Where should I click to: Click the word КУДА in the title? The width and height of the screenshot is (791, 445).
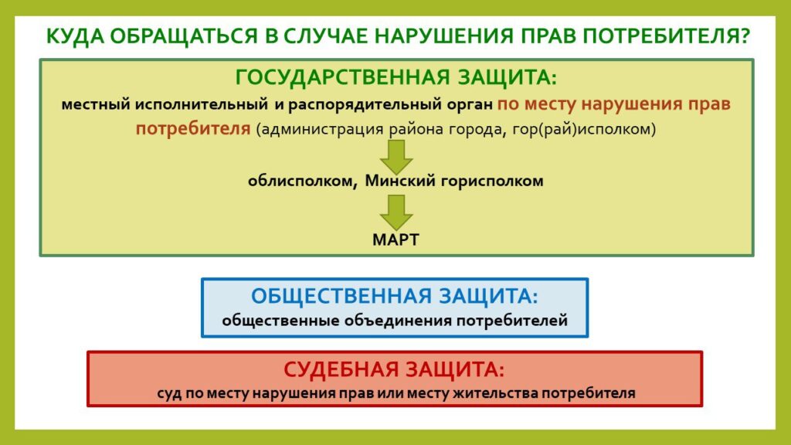click(x=75, y=37)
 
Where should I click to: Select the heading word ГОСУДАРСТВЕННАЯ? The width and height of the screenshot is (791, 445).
click(x=342, y=78)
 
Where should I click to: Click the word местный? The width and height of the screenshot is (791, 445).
click(x=96, y=104)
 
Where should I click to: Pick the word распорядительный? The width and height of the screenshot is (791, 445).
click(x=365, y=104)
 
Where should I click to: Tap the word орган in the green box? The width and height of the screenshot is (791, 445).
click(x=470, y=105)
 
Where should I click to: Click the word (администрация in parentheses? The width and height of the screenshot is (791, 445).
click(x=320, y=129)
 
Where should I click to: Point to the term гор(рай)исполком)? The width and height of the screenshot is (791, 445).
click(x=584, y=129)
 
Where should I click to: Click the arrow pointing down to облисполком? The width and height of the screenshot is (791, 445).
click(x=396, y=157)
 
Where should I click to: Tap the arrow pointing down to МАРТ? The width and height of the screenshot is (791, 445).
click(x=396, y=212)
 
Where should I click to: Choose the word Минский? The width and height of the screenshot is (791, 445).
click(x=400, y=181)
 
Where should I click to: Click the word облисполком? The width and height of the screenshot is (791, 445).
click(x=302, y=181)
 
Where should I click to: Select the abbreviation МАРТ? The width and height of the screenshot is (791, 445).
click(x=396, y=239)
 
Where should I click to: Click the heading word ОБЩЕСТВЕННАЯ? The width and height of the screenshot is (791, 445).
click(x=341, y=296)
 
